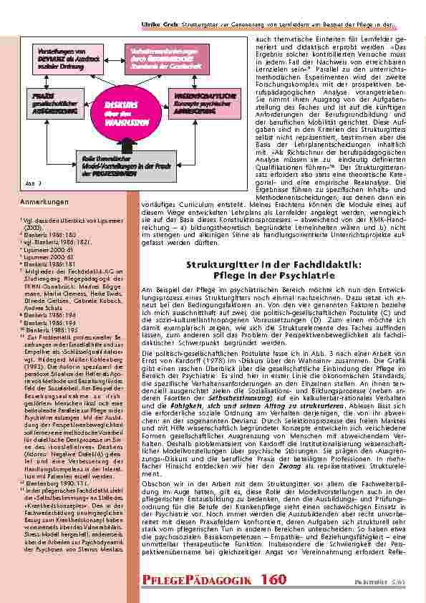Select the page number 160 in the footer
pos(273,579)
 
